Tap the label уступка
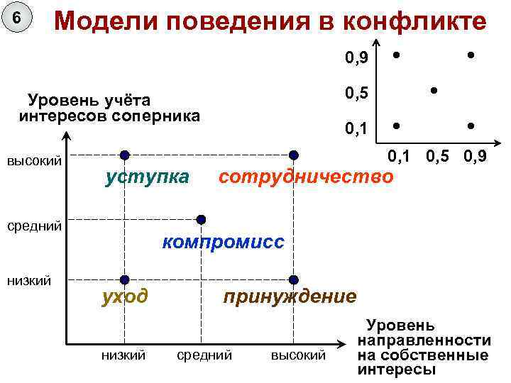click(147, 176)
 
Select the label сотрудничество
click(305, 176)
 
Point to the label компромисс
click(223, 242)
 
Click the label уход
click(125, 296)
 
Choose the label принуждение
click(290, 296)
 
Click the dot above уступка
click(124, 155)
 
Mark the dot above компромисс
click(202, 218)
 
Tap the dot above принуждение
click(293, 279)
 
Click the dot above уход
click(124, 279)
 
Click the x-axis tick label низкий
click(123, 355)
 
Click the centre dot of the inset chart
click(433, 90)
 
